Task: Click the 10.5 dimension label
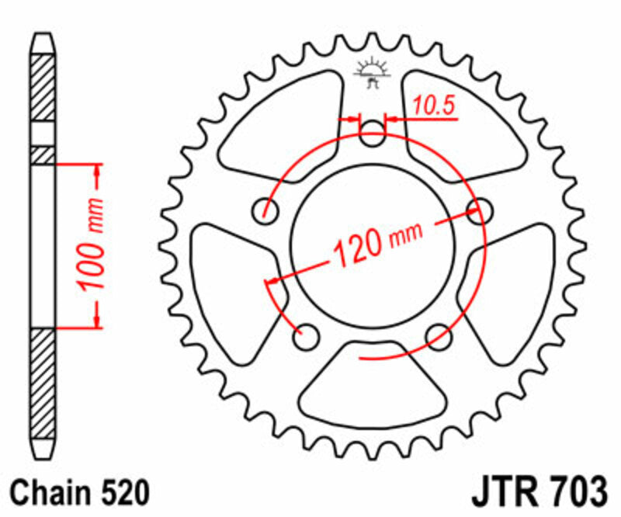click(x=432, y=107)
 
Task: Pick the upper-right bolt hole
click(x=482, y=208)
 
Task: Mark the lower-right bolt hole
click(x=440, y=335)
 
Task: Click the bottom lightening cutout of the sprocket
click(x=374, y=388)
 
